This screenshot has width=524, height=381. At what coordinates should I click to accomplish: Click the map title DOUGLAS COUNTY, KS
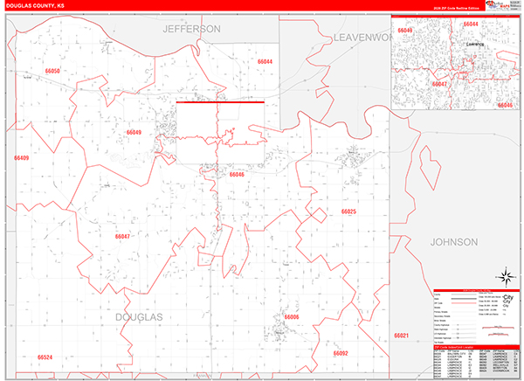35,6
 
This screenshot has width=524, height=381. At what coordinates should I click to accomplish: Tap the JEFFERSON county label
191,29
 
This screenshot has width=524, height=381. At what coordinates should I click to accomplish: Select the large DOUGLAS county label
139,315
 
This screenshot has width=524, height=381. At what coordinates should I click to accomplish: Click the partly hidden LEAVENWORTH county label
360,38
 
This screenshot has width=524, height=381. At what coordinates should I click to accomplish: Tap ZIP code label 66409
21,158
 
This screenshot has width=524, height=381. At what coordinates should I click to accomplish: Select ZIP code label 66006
292,316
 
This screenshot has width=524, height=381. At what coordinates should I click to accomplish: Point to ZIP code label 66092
340,353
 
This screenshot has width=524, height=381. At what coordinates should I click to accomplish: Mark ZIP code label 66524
45,357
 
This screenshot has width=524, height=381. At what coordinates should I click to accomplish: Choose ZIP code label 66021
401,336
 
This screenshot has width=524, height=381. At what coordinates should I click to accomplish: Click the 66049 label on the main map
133,132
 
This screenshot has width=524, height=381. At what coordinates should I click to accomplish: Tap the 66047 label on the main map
122,236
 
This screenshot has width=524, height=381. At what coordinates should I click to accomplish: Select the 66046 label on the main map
237,174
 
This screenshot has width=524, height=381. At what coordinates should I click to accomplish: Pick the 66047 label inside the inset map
440,84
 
